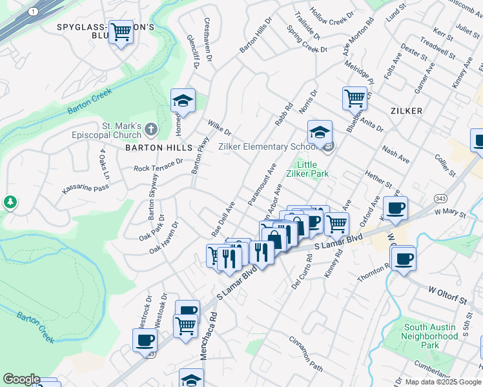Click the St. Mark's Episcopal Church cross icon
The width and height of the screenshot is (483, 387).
pos(150,129)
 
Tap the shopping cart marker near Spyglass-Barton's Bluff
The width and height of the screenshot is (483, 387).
pos(121,32)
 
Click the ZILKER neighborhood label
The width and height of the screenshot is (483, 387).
pos(406,111)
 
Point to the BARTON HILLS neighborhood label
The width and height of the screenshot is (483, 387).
pos(152,148)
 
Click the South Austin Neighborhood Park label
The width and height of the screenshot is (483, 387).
pos(430,336)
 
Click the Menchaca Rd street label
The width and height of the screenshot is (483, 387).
pos(212,330)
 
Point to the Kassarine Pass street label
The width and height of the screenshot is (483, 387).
pos(86,188)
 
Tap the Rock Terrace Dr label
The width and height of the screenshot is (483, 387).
pos(158,166)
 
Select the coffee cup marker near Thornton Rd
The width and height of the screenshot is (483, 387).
pos(404,259)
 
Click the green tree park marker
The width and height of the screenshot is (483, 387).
pos(10,202)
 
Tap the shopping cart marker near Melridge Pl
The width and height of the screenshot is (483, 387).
pos(355,99)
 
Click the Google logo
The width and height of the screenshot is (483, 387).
pos(21,379)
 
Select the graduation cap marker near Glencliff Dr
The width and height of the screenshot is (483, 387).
pos(183,101)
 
